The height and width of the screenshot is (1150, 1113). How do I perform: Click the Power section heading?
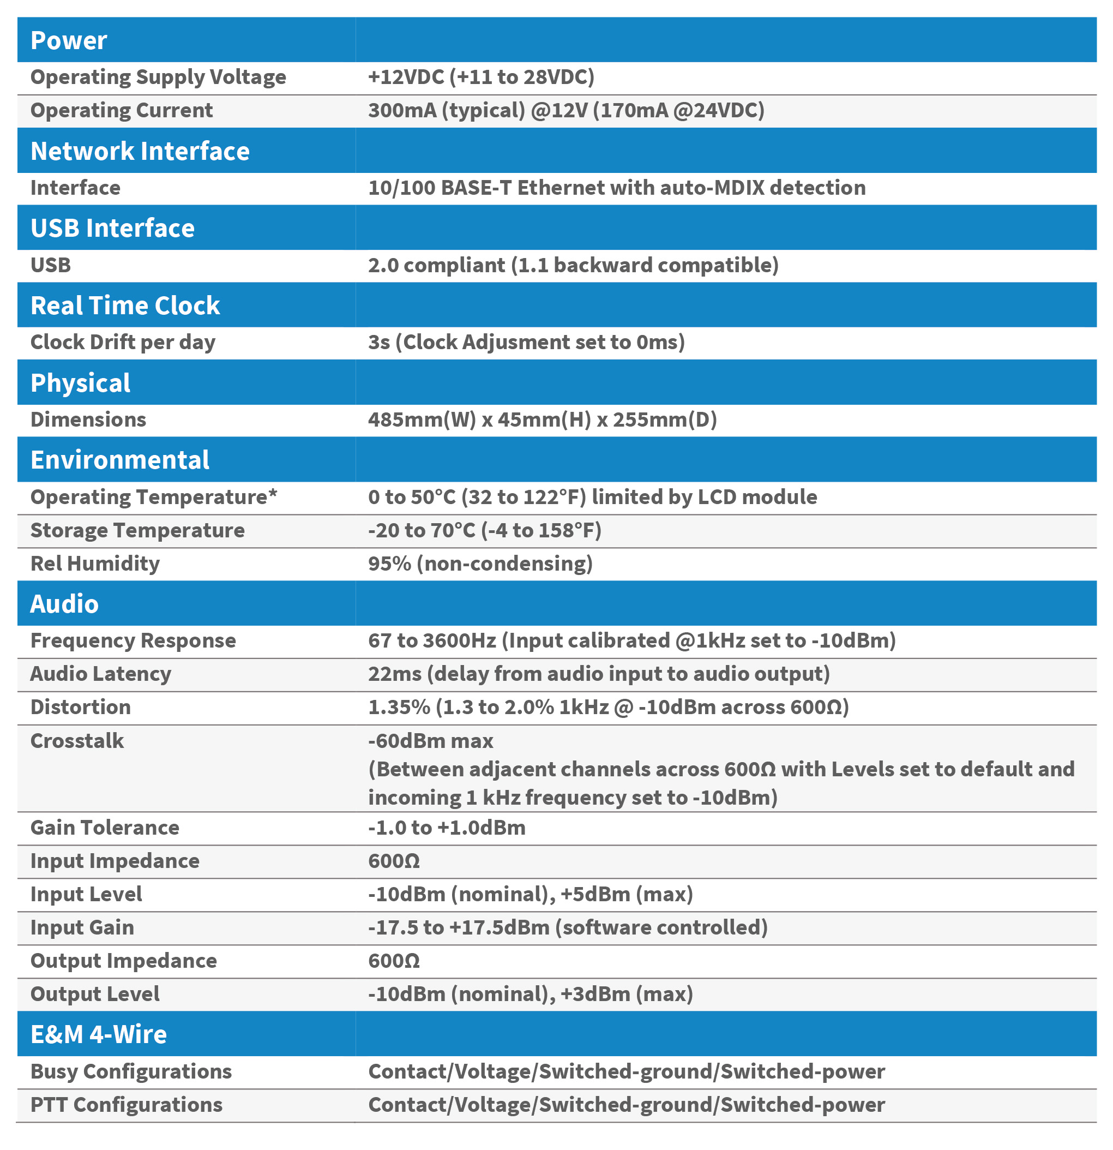69,40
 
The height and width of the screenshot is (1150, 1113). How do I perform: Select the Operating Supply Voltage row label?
158,77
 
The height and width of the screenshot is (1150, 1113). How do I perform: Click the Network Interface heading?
140,151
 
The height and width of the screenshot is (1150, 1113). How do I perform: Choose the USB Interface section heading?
112,228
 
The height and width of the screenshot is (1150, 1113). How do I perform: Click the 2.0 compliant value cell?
573,265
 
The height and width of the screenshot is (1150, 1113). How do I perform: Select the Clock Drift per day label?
123,342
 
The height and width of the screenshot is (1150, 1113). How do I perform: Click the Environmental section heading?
119,460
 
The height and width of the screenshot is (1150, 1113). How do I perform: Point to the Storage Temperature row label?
137,530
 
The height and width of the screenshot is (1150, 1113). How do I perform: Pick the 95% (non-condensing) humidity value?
480,564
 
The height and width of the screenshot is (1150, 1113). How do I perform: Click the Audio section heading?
64,604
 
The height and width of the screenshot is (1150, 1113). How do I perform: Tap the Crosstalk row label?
77,741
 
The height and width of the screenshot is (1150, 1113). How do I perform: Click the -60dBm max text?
430,741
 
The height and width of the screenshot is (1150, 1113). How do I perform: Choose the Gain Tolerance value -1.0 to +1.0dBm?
446,828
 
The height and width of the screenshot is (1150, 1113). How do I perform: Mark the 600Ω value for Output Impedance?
394,961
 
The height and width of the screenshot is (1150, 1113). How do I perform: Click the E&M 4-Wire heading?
99,1034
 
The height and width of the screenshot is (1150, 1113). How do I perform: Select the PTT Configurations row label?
126,1105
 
